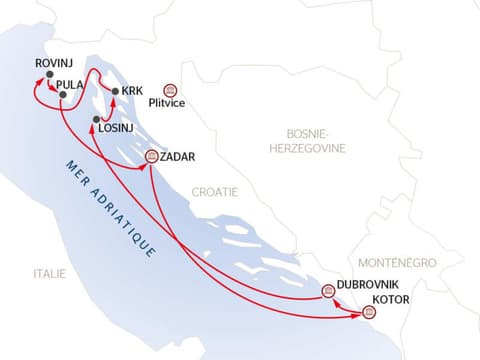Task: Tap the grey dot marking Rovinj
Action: (49, 73)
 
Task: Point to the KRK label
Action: (132, 91)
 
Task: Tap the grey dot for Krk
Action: (116, 92)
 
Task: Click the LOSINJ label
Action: (118, 130)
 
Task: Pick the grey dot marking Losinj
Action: (97, 120)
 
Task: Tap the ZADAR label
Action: (177, 157)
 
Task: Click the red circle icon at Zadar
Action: (151, 156)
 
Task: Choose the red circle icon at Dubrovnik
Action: (328, 291)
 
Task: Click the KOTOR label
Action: (389, 299)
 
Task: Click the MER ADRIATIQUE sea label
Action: (110, 210)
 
